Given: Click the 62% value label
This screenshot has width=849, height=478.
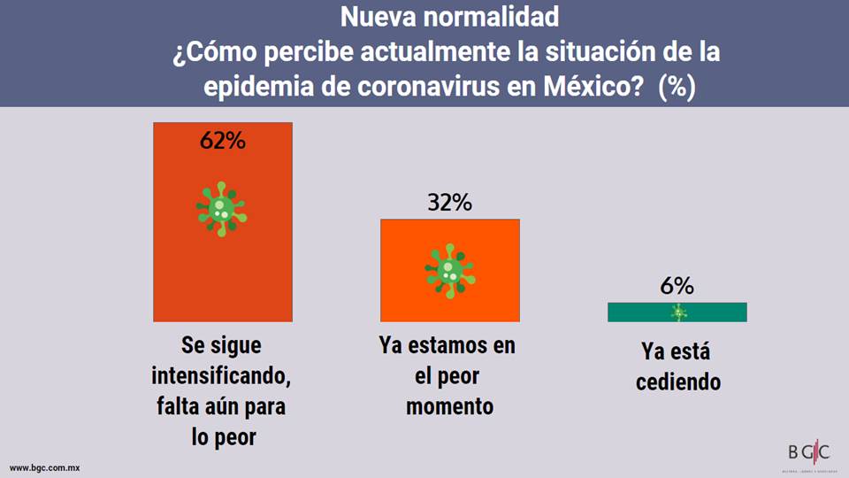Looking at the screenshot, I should pyautogui.click(x=222, y=140).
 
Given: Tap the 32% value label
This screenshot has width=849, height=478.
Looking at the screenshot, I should pyautogui.click(x=449, y=203).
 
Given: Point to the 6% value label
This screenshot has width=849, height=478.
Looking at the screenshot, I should pyautogui.click(x=677, y=286).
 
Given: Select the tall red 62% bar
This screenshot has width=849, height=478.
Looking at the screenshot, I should pyautogui.click(x=222, y=266).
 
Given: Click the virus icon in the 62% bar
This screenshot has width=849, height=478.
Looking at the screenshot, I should pyautogui.click(x=222, y=209).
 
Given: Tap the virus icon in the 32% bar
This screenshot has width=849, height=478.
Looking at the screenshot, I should pyautogui.click(x=449, y=270).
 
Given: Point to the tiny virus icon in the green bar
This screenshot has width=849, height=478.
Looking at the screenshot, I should pyautogui.click(x=678, y=312).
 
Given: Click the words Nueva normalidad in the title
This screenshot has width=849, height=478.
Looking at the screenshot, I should pyautogui.click(x=449, y=16).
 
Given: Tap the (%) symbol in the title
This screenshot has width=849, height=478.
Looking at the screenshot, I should pyautogui.click(x=677, y=88).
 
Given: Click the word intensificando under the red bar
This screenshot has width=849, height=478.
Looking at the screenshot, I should pyautogui.click(x=221, y=377).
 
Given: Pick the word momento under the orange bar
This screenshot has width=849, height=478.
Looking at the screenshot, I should pyautogui.click(x=449, y=406).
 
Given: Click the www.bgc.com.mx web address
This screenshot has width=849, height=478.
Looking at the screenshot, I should pyautogui.click(x=45, y=466).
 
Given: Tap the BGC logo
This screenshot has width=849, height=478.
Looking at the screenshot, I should pyautogui.click(x=808, y=453).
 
